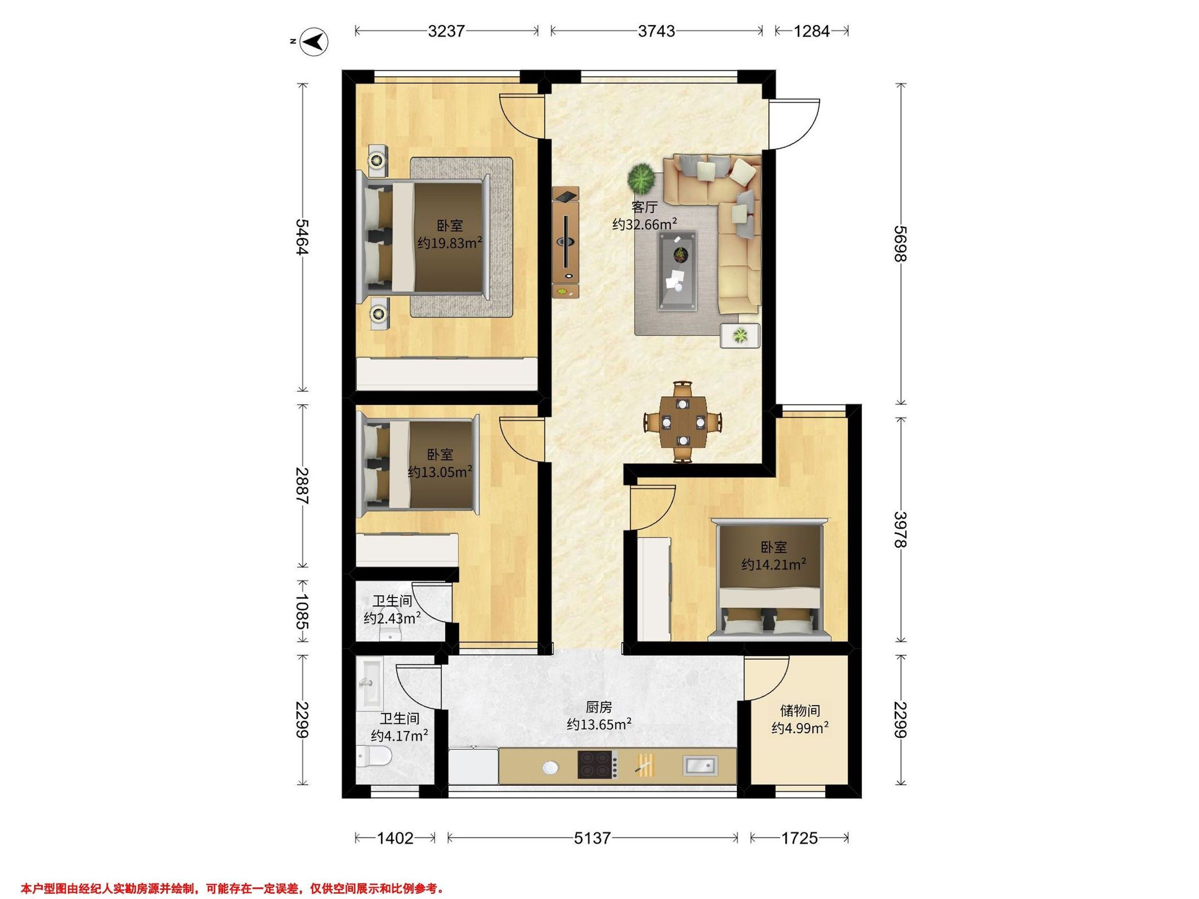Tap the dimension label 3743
tap(656, 31)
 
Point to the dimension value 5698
tap(900, 243)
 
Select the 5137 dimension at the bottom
tap(593, 838)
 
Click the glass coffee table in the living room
tap(678, 270)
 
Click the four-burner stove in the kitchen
tap(598, 764)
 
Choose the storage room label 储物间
tap(800, 710)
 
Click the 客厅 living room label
tap(644, 208)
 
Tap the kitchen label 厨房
tap(599, 707)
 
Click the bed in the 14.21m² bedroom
tap(769, 579)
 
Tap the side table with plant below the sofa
tap(740, 336)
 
